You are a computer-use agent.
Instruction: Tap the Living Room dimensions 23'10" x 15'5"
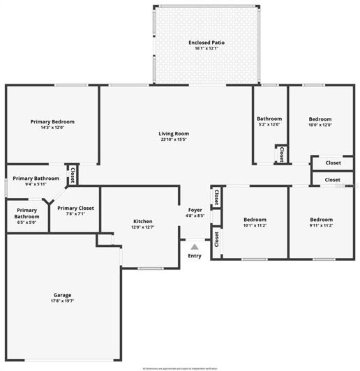(174, 139)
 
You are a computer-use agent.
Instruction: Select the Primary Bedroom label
(52, 121)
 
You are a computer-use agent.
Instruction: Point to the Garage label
(62, 295)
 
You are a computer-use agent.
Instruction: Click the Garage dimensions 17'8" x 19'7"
(62, 301)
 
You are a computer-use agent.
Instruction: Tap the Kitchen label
(142, 222)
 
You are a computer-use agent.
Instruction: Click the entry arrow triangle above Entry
(195, 246)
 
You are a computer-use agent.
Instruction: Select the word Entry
(195, 256)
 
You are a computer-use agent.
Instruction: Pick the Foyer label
(195, 210)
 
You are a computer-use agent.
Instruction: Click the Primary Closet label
(75, 208)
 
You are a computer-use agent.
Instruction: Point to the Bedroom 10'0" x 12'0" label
(320, 119)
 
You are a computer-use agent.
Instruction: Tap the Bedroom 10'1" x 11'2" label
(250, 220)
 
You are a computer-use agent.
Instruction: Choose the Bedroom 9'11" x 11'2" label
(321, 220)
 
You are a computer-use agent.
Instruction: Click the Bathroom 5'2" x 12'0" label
(269, 119)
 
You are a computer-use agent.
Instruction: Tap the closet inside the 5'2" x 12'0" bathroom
(280, 153)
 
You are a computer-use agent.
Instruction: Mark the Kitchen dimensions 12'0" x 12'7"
(142, 228)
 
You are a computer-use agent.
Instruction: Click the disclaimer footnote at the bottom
(180, 368)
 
